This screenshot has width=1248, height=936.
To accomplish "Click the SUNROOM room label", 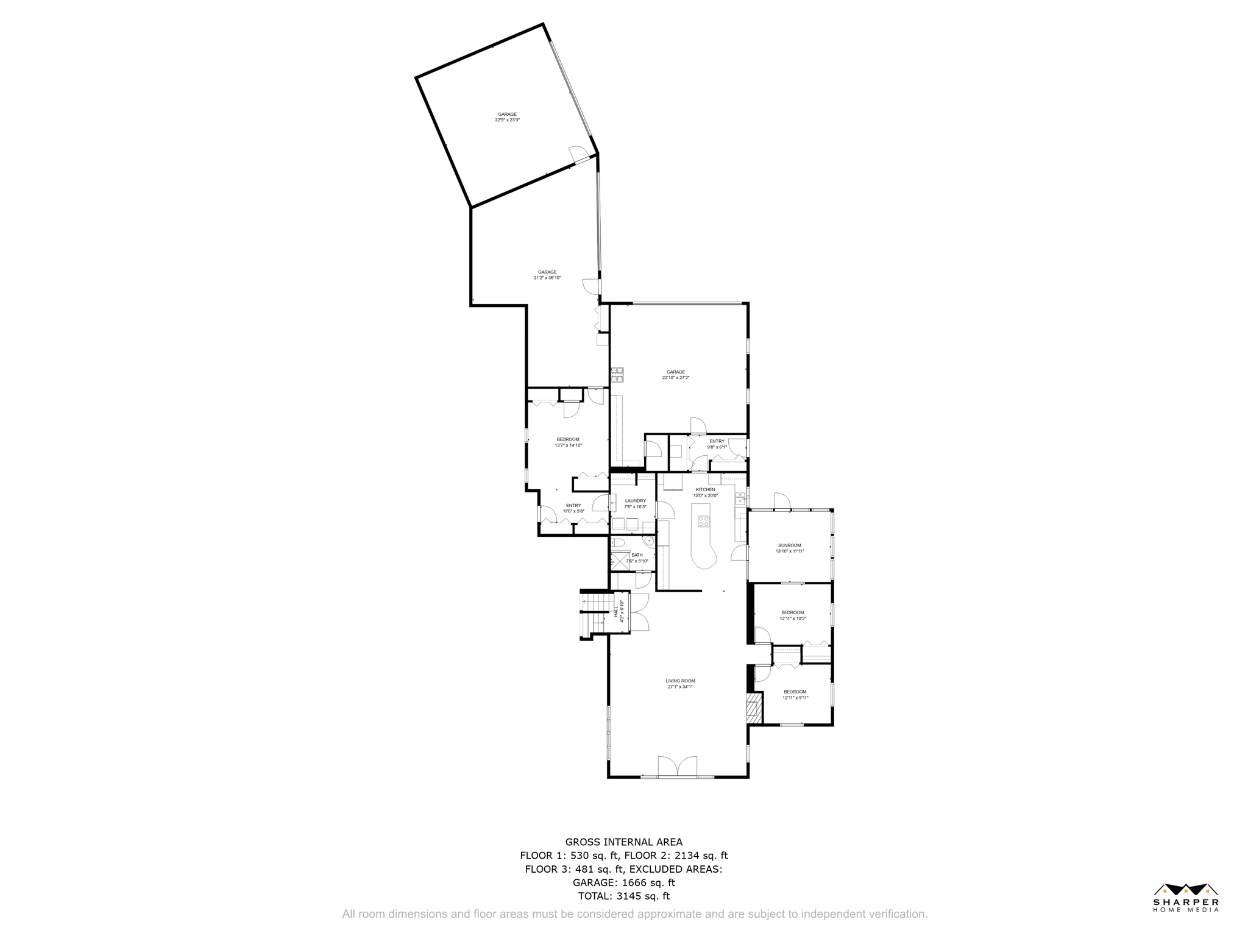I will [x=789, y=545].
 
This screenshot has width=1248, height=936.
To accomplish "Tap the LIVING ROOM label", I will [x=680, y=681].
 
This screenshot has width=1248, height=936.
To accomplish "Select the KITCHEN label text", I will [x=706, y=489].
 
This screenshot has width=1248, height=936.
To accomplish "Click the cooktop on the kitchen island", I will [x=703, y=521].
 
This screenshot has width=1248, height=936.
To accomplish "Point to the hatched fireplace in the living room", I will [x=754, y=708].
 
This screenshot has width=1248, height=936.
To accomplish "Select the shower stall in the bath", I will [x=620, y=560].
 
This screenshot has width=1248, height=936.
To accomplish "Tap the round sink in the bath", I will [x=650, y=540].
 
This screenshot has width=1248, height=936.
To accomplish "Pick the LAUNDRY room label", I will [x=635, y=501].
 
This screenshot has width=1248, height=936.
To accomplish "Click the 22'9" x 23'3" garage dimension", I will [x=507, y=120].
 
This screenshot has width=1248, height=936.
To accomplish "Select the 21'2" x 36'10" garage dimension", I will [x=547, y=278].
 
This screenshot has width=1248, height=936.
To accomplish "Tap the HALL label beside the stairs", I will [x=616, y=611].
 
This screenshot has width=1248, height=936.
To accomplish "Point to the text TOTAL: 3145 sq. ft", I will [x=623, y=896].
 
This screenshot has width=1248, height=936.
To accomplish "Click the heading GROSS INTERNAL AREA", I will [x=623, y=842].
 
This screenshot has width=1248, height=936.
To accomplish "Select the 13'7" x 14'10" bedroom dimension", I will [x=568, y=445].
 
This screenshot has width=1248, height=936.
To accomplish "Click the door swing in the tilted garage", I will [x=576, y=154].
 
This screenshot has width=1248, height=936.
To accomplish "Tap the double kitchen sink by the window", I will [x=740, y=500].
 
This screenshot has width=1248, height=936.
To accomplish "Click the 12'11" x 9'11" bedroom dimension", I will [x=795, y=698].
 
